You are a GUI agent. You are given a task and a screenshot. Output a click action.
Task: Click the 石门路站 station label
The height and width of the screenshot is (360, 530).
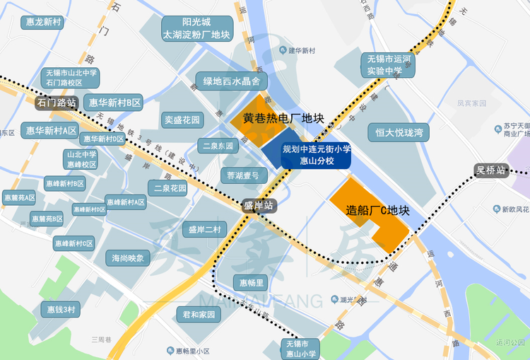[x=56, y=103]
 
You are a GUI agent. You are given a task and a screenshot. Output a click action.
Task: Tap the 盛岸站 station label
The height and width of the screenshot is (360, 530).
[x=257, y=206]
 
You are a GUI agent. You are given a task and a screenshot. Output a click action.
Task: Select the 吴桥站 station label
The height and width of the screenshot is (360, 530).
[x=490, y=170]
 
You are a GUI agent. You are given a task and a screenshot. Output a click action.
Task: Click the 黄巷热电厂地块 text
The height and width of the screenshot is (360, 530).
[x=283, y=118]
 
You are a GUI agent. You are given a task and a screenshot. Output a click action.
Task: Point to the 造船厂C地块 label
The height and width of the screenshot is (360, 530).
[x=378, y=210]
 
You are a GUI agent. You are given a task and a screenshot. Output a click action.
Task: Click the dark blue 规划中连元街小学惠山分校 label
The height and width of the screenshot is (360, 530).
[x=316, y=155]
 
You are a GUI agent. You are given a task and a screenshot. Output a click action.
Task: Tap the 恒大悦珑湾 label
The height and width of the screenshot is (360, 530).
[x=399, y=132]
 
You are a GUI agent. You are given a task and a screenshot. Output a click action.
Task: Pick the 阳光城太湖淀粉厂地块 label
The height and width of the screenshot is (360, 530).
[x=196, y=28]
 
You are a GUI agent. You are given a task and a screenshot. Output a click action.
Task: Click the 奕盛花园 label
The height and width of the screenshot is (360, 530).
[x=182, y=120]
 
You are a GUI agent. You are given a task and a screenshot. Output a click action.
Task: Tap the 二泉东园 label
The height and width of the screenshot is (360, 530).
[x=216, y=146]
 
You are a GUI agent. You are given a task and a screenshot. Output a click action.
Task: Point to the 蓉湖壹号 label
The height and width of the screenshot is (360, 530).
[x=243, y=175]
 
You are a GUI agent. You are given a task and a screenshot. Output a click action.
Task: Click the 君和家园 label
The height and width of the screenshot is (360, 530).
[x=198, y=315]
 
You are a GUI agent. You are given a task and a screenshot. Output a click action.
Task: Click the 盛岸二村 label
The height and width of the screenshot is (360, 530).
[x=204, y=229]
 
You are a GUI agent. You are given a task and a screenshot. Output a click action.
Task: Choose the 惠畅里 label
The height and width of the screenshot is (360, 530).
[x=252, y=283]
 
